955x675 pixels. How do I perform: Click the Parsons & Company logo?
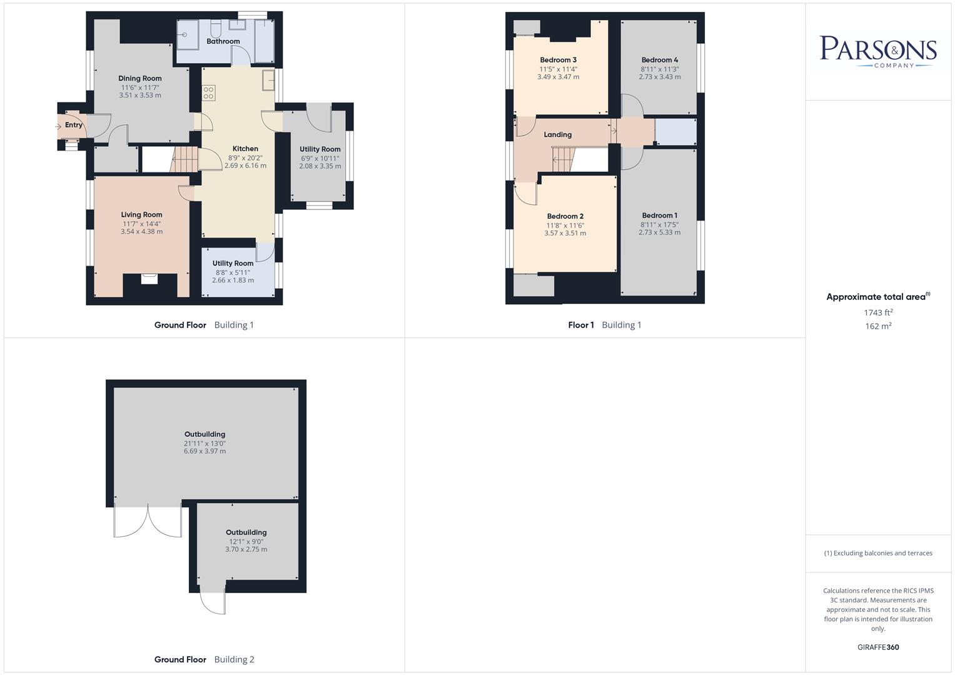[x=878, y=51]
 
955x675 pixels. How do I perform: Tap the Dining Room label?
[x=140, y=79]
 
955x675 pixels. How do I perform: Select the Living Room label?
[x=141, y=215]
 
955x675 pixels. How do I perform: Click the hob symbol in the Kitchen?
[x=209, y=94]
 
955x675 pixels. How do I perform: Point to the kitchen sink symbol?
[x=269, y=80]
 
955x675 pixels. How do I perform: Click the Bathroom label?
[x=223, y=41]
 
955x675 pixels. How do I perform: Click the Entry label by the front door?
[x=74, y=125]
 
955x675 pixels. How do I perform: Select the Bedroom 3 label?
[x=558, y=60]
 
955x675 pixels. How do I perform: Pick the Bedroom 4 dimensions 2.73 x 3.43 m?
[x=660, y=77]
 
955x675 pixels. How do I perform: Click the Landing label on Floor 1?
[x=557, y=134]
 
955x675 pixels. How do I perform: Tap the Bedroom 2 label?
[x=565, y=217]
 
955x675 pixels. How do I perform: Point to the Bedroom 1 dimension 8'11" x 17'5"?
[x=659, y=224]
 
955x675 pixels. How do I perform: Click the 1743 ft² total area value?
[x=878, y=312]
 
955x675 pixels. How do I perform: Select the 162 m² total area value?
[x=878, y=326]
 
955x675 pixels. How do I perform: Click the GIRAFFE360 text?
[x=878, y=647]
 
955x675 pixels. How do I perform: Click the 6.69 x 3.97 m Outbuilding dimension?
[x=205, y=451]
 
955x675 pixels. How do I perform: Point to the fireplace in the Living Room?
[x=149, y=279]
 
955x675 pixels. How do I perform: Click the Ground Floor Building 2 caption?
[x=204, y=659]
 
